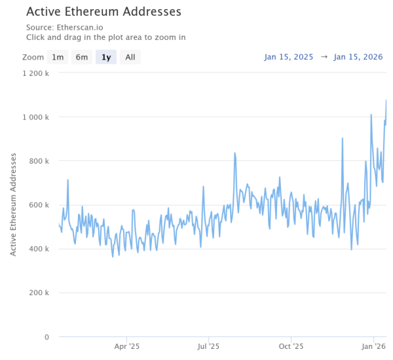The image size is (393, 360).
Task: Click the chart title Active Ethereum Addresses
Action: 103,12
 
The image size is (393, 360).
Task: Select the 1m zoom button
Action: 58,57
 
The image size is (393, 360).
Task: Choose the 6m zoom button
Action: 81,57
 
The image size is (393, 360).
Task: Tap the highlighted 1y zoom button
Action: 105,57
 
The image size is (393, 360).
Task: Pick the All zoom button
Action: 130,57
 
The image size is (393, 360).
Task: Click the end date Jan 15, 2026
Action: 359,57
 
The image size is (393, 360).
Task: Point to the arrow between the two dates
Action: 324,57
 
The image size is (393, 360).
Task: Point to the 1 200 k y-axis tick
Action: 35,73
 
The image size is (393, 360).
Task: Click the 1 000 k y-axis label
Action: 35,117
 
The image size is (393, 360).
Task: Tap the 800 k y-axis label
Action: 40,161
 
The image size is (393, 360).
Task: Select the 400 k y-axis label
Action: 40,249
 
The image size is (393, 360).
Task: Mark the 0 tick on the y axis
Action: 47,336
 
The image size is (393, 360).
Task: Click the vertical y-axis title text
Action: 13,205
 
